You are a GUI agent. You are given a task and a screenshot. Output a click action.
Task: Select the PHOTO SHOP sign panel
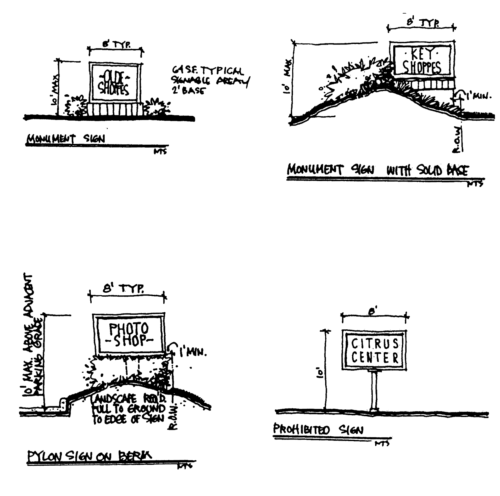click(129, 334)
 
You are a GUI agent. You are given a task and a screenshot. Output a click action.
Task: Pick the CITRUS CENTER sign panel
click(375, 350)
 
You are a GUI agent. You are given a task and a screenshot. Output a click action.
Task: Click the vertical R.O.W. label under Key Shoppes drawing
click(459, 140)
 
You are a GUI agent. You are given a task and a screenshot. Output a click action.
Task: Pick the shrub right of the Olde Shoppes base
click(155, 107)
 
